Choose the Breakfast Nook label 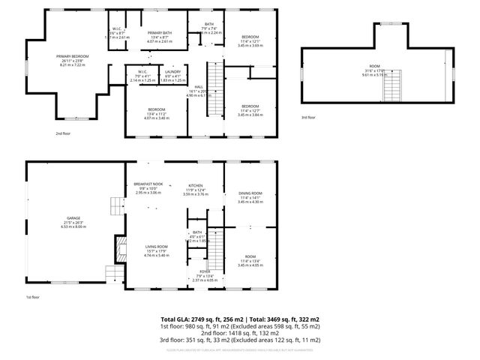148,184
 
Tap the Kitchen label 196,184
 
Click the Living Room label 156,247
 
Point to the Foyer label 204,271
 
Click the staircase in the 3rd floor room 393,88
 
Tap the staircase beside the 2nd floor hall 215,78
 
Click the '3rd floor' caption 308,118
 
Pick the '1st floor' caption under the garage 32,298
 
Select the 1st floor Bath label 196,232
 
